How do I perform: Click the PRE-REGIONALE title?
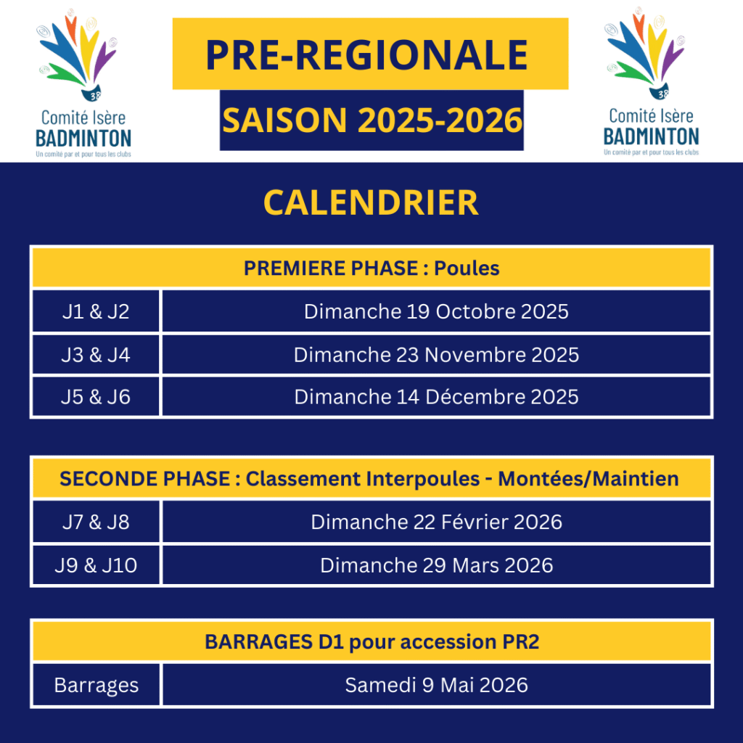click(x=366, y=55)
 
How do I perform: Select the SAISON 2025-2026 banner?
click(x=372, y=120)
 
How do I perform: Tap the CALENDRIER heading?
click(x=371, y=203)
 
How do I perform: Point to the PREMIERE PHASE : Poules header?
click(x=371, y=268)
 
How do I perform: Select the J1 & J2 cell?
click(x=96, y=311)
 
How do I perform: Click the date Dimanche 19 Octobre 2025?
click(x=436, y=311)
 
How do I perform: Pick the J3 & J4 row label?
click(x=96, y=355)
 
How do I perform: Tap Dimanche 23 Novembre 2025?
click(x=436, y=355)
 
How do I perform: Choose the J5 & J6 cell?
click(x=96, y=397)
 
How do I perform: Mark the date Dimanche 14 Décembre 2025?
click(x=436, y=397)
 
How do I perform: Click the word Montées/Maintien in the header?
click(x=588, y=479)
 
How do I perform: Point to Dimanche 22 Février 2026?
click(x=436, y=522)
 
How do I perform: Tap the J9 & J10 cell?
click(x=97, y=565)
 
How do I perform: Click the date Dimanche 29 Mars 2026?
click(x=436, y=565)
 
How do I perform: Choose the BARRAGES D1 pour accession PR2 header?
click(x=372, y=641)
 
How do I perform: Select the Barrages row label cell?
click(x=97, y=685)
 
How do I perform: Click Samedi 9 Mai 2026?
click(x=436, y=685)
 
